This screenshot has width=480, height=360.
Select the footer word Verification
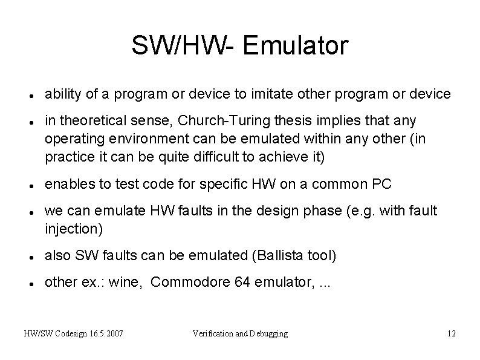[212, 333]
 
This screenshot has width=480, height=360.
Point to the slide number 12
[450, 333]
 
